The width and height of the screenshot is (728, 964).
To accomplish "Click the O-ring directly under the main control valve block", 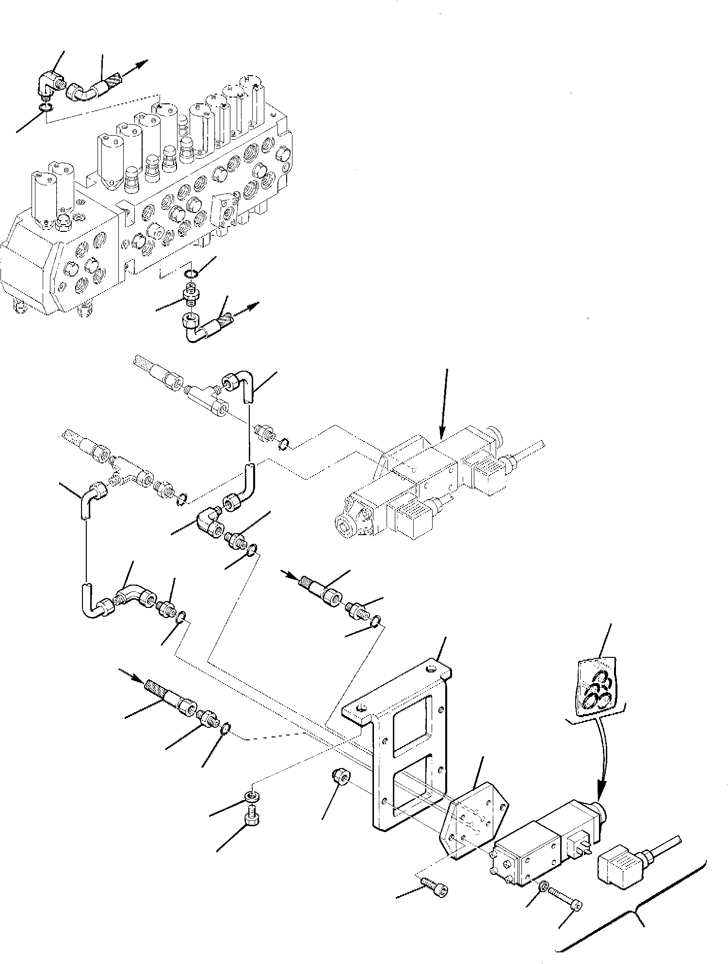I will tap(191, 275).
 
